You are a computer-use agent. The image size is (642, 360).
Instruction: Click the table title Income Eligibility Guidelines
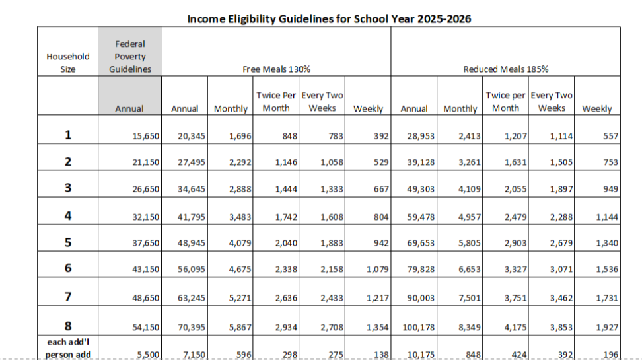pyautogui.click(x=329, y=18)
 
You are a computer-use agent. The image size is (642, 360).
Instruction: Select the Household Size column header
pyautogui.click(x=67, y=63)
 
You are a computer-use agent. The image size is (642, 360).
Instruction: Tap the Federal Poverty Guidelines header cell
pyautogui.click(x=129, y=57)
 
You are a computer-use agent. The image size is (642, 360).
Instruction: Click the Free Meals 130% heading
pyautogui.click(x=277, y=69)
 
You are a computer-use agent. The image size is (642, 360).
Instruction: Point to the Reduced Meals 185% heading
pyautogui.click(x=506, y=69)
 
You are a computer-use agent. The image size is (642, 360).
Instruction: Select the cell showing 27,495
pyautogui.click(x=192, y=162)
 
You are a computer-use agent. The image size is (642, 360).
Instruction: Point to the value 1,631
pyautogui.click(x=514, y=162)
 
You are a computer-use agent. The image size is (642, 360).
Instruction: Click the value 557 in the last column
pyautogui.click(x=610, y=136)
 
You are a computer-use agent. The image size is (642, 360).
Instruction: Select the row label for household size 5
pyautogui.click(x=67, y=242)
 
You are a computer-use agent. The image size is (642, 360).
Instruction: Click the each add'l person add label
pyautogui.click(x=67, y=348)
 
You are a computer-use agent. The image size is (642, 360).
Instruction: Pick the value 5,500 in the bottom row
pyautogui.click(x=148, y=355)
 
